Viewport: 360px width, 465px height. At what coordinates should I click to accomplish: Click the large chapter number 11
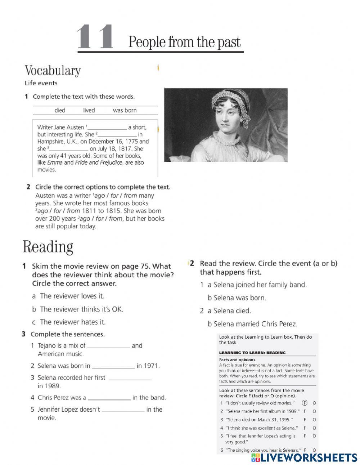(x=95, y=37)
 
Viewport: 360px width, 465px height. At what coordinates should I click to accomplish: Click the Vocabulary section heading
(x=53, y=70)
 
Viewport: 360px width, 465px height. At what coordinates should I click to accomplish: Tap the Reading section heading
(x=48, y=247)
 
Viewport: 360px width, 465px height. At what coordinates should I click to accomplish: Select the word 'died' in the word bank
(x=60, y=110)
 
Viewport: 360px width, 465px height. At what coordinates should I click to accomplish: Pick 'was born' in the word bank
(x=125, y=110)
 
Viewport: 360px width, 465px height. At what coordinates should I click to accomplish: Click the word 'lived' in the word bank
(x=89, y=110)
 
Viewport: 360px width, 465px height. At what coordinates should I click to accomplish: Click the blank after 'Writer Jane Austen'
(x=107, y=128)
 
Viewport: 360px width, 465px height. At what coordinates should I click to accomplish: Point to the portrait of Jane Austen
(x=225, y=125)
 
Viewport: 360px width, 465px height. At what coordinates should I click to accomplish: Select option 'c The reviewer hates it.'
(x=69, y=322)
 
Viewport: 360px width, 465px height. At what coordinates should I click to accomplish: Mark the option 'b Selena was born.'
(x=237, y=298)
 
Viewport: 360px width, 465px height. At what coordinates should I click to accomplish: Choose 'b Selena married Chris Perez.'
(x=252, y=324)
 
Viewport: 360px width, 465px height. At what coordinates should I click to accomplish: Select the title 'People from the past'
(x=184, y=43)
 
